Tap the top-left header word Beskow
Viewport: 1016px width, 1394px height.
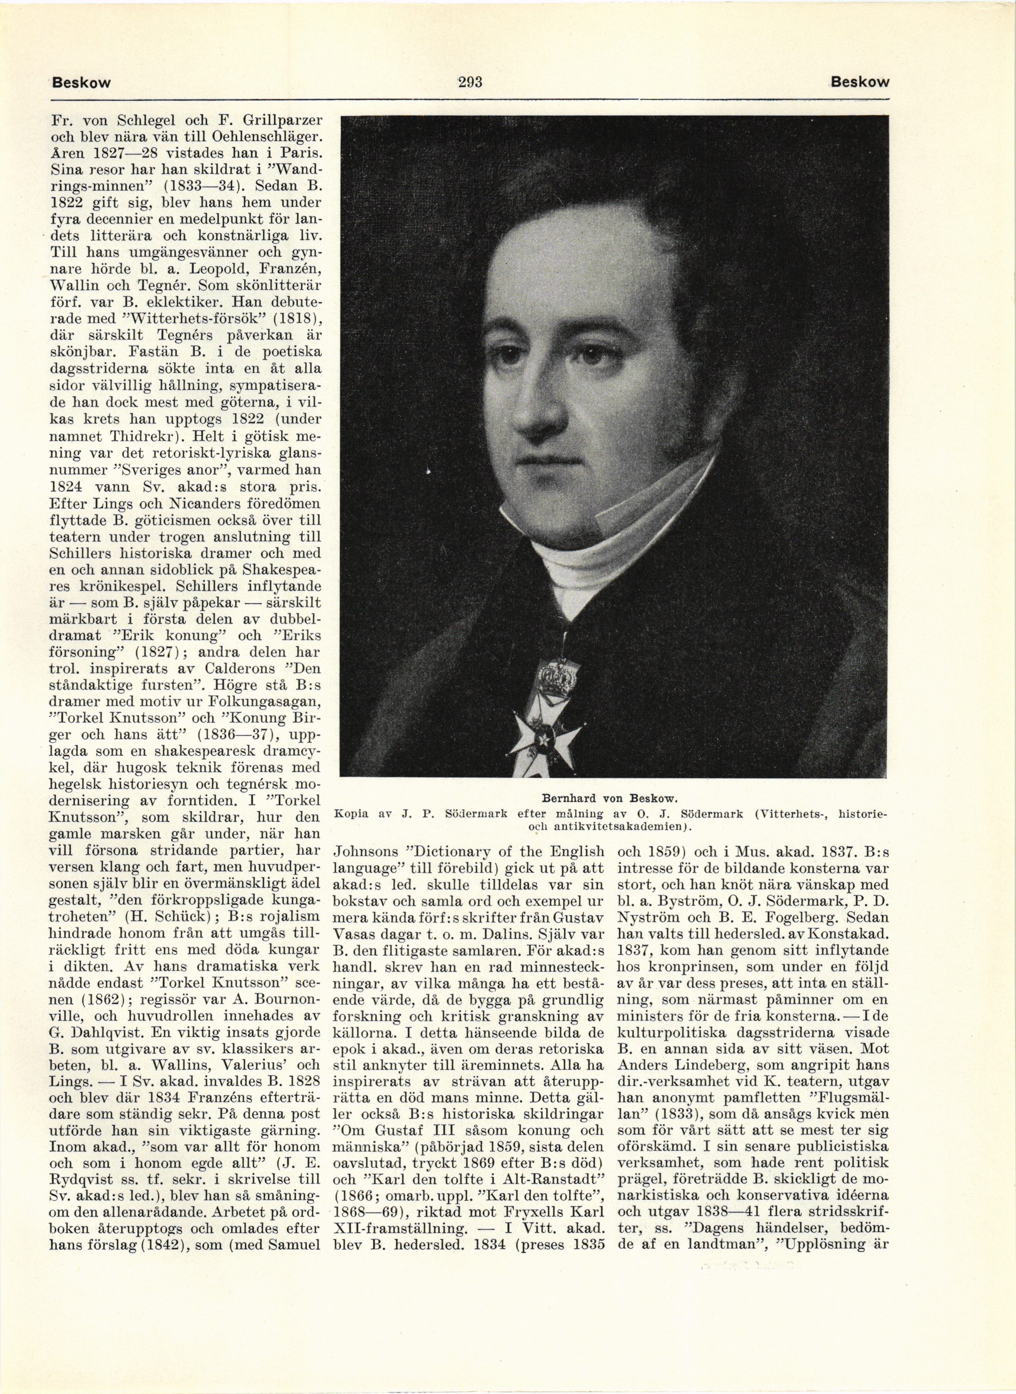click(82, 82)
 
